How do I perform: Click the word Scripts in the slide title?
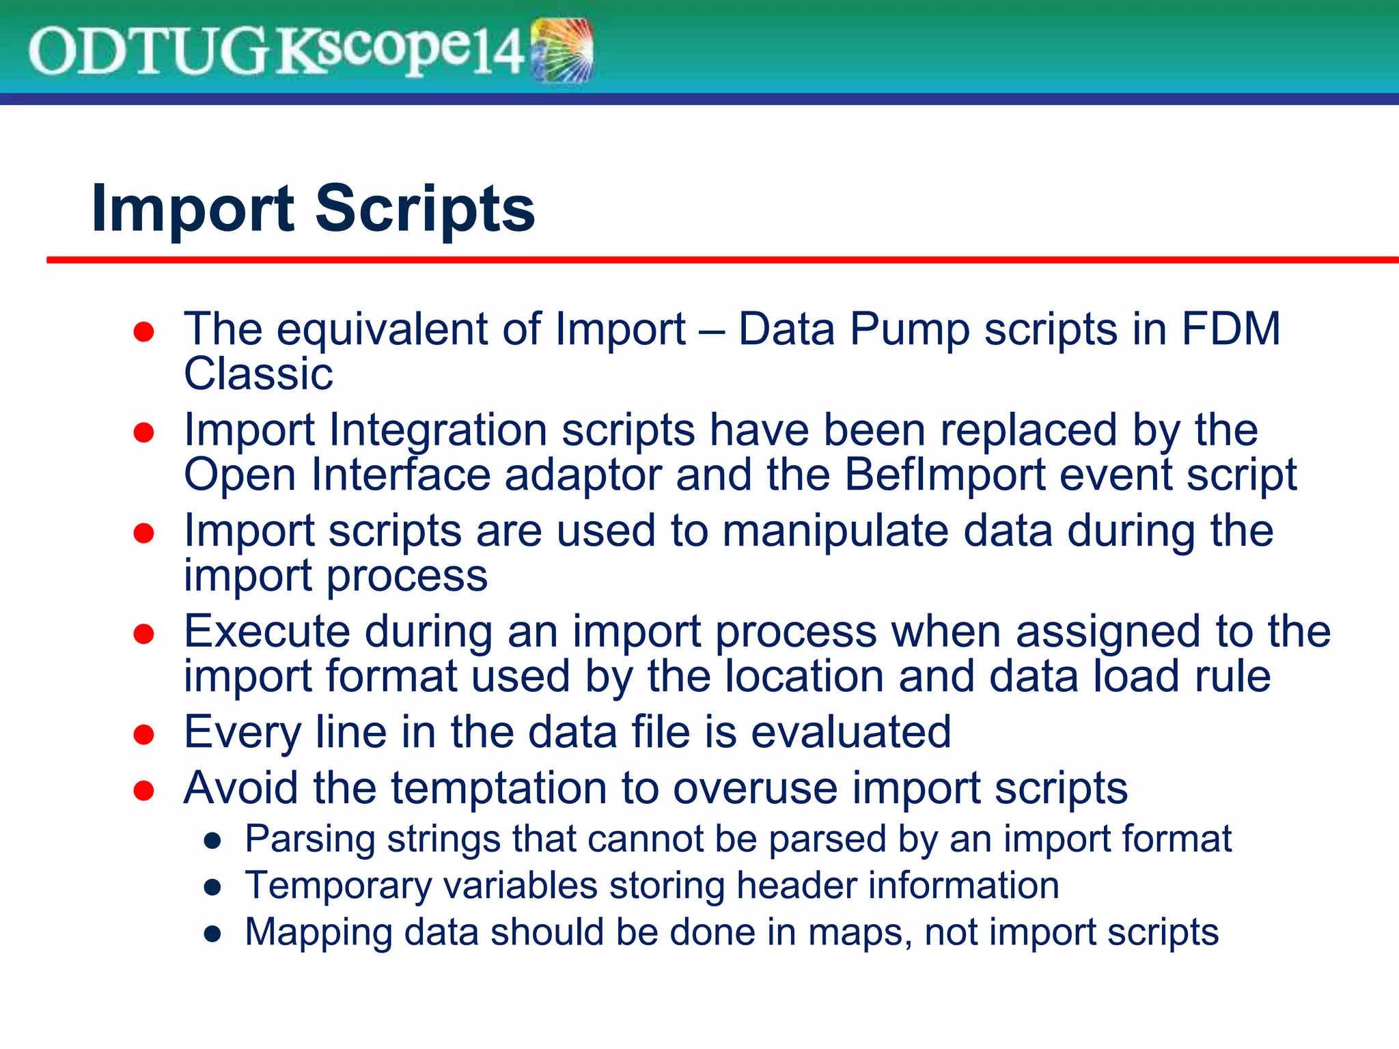pos(424,209)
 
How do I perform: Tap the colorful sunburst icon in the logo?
pos(563,51)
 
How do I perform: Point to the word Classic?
pos(258,374)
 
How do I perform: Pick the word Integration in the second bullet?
pos(438,430)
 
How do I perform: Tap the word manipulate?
pos(835,531)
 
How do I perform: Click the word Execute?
pos(266,631)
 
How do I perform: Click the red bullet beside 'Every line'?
pos(143,734)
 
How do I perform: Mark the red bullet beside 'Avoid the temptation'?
pos(143,790)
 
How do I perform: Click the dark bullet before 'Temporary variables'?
pos(213,887)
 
